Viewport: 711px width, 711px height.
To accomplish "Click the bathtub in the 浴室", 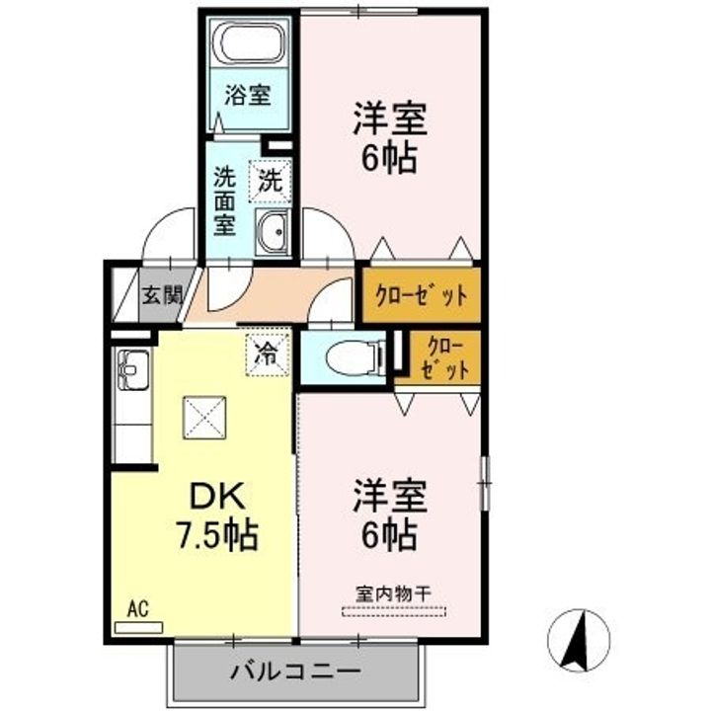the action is [249, 43].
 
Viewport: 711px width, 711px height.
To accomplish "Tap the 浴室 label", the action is [248, 96].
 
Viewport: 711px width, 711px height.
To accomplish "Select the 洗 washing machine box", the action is [270, 181].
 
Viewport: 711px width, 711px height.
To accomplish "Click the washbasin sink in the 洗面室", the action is [273, 232].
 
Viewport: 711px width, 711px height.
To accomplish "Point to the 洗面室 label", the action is [224, 200].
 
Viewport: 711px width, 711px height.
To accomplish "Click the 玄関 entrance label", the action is [163, 295].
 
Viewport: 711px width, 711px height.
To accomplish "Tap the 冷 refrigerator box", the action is [268, 355].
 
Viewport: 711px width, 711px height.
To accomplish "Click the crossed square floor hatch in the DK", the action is [204, 418].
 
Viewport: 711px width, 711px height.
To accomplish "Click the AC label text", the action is [138, 609].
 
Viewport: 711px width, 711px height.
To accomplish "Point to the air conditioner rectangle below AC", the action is [139, 628].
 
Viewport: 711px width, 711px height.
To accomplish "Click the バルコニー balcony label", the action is [295, 671].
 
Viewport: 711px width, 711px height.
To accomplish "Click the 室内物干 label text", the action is [393, 593].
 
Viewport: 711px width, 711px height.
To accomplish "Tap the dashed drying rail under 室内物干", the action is [394, 611].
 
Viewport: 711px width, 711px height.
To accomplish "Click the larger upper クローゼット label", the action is [422, 296].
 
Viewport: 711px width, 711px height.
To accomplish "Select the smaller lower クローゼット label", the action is [444, 358].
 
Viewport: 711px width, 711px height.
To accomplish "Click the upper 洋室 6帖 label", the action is [390, 138].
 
